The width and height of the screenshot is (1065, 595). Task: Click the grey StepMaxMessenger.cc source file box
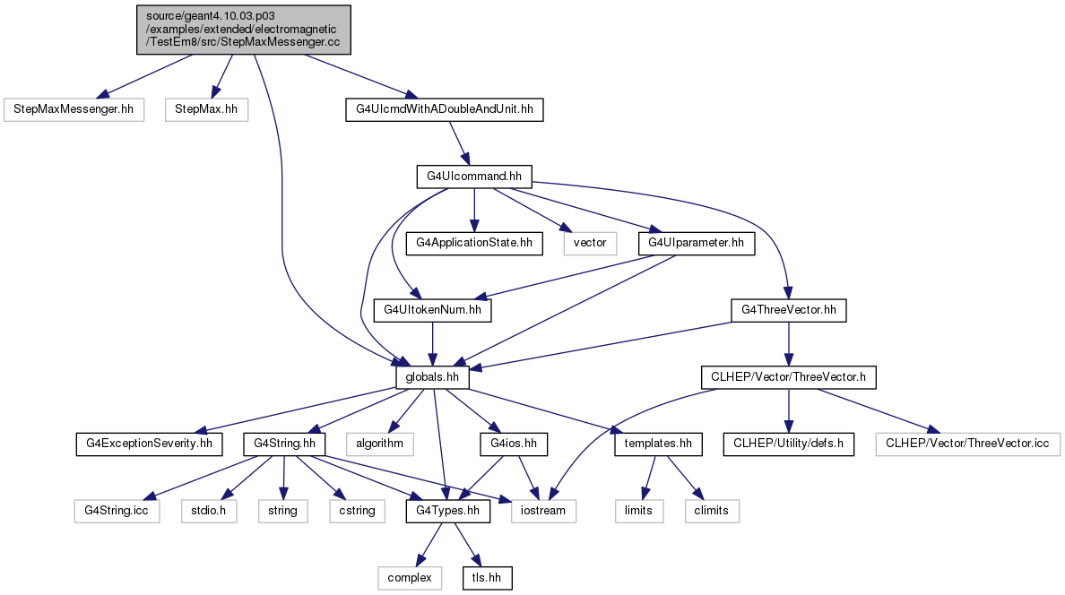(x=244, y=30)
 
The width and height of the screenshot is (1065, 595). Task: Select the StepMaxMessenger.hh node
(x=74, y=109)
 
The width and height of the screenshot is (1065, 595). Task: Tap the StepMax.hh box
(x=206, y=109)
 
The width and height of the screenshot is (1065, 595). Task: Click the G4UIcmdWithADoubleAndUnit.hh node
(x=445, y=109)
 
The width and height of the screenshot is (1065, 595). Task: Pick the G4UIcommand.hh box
(x=474, y=177)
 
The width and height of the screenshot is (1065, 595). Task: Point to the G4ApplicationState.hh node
(x=474, y=243)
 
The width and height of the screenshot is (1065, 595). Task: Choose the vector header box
(x=590, y=243)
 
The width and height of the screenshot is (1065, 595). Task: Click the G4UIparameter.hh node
(x=697, y=243)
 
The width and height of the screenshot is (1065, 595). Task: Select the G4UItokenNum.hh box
(x=433, y=310)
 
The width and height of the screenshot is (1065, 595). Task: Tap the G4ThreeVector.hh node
(x=789, y=310)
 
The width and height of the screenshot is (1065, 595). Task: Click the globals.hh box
(x=432, y=377)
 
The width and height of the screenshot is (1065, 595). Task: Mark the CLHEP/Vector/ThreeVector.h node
(x=789, y=377)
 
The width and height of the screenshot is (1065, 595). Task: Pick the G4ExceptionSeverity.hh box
(x=150, y=444)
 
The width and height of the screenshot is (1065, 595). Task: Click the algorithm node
(x=380, y=444)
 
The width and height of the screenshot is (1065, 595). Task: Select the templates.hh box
(x=658, y=444)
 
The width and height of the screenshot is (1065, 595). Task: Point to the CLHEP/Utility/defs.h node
(x=789, y=444)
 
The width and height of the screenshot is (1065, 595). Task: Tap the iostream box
(x=543, y=511)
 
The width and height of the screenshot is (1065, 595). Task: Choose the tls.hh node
(x=487, y=578)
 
